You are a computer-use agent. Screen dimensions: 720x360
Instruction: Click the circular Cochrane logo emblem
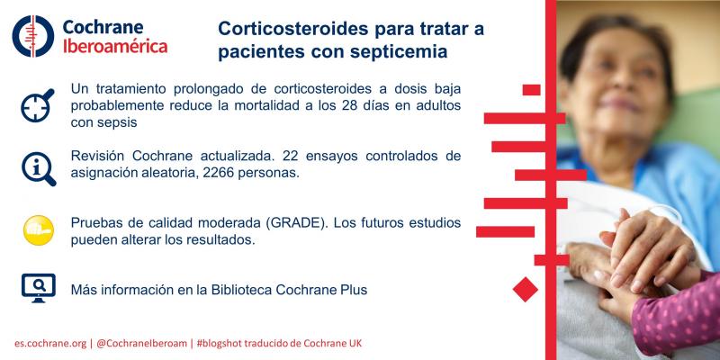(x=33, y=36)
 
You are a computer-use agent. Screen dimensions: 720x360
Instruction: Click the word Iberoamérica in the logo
(x=115, y=47)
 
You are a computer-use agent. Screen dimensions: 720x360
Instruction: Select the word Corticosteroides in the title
(x=293, y=29)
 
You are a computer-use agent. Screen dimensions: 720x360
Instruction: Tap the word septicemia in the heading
(x=398, y=52)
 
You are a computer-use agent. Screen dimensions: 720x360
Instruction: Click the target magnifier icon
(x=37, y=105)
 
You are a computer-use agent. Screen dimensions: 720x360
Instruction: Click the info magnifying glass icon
(x=39, y=168)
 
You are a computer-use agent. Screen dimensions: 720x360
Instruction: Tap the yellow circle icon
(x=39, y=230)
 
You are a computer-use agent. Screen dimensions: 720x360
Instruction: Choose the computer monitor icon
(x=39, y=288)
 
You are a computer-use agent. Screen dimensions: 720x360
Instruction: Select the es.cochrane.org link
(x=50, y=344)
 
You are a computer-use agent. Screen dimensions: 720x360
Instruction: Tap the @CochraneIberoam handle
(x=141, y=344)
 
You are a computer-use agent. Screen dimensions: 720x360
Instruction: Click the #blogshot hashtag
(x=219, y=344)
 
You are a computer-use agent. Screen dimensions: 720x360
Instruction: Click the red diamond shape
(x=526, y=289)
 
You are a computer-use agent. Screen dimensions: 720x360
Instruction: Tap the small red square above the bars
(x=531, y=90)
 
